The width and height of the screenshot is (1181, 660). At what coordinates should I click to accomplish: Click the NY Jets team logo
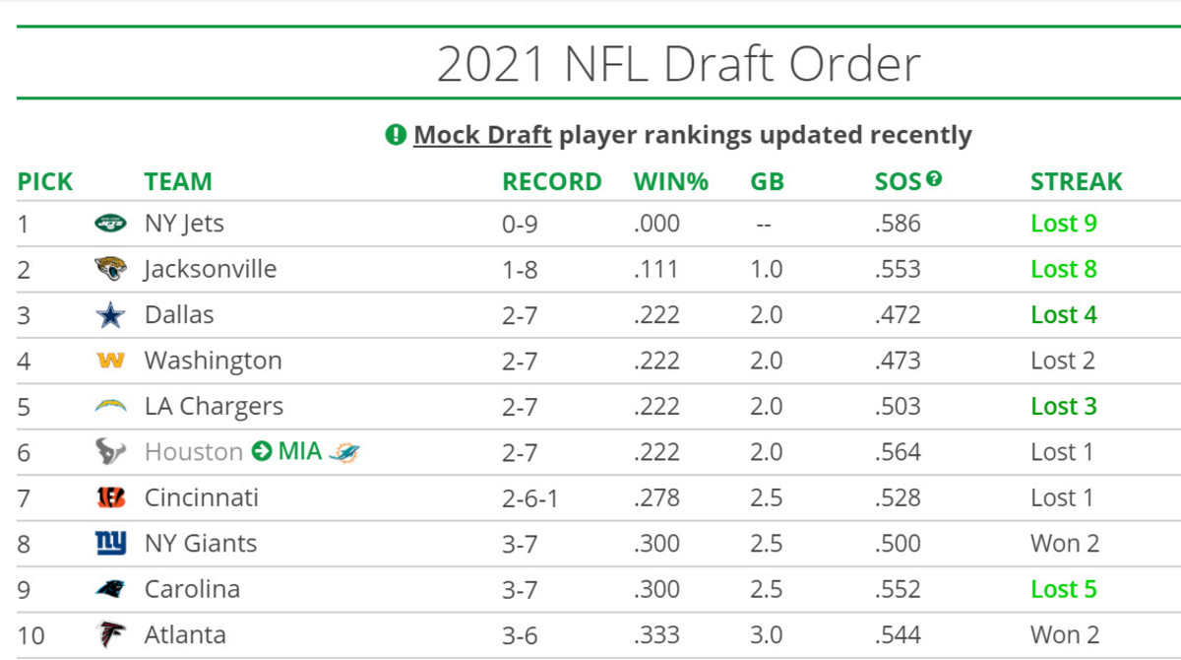point(110,224)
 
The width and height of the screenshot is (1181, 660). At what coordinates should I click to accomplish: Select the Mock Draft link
point(482,135)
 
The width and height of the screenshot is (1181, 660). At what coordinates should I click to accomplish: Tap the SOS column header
point(898,182)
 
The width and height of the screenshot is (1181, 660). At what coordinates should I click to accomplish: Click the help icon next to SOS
point(934,179)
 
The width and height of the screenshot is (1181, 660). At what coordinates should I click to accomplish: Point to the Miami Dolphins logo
point(344,452)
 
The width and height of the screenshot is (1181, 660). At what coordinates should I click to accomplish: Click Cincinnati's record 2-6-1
point(529,498)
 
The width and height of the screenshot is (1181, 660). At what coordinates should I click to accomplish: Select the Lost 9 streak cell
point(1063,224)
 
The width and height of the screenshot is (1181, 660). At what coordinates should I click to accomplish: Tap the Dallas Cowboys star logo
point(110,315)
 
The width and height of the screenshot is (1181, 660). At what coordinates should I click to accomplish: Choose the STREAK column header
point(1076,182)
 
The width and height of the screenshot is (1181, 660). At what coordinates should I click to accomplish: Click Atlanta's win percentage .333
point(656,635)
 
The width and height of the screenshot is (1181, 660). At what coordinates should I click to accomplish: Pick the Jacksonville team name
point(211,269)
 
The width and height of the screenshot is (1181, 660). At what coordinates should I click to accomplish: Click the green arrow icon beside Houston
point(262,452)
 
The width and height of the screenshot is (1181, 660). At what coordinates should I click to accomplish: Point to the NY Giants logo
point(110,544)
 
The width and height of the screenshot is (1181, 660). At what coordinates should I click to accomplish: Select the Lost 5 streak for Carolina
point(1063,589)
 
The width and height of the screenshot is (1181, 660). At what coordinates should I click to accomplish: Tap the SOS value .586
point(897,224)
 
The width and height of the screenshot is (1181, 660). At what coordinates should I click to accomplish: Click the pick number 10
point(31,635)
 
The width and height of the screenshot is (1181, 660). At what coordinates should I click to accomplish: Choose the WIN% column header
point(670,182)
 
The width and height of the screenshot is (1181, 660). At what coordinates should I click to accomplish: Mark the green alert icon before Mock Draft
point(396,135)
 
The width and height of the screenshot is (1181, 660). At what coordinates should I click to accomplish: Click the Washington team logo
point(110,361)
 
